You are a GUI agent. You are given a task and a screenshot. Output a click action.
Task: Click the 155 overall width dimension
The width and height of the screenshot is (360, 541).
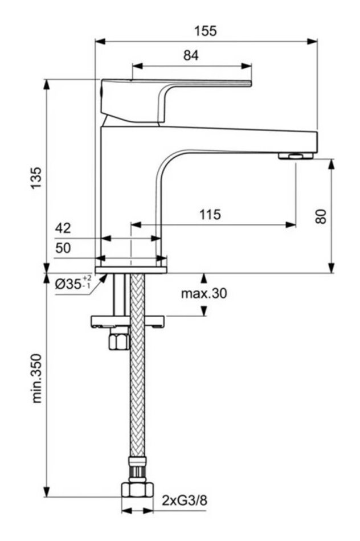coord(205,31)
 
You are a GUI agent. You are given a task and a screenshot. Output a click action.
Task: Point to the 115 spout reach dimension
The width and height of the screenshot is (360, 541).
coord(210,215)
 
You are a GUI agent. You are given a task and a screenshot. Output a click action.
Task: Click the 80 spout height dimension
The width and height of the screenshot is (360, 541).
coord(321,216)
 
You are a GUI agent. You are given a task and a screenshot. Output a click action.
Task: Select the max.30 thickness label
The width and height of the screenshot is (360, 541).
coord(204,294)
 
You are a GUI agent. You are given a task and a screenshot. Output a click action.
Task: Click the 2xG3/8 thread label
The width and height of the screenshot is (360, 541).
coord(184,501)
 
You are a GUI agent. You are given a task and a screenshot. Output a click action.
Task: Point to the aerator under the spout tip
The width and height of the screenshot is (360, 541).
coord(296,155)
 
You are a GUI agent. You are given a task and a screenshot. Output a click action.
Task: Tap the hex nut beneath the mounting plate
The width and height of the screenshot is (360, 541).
coord(121,341)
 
